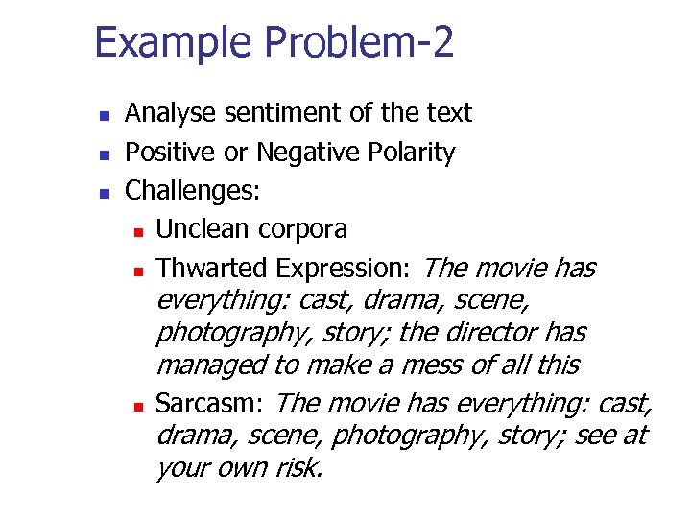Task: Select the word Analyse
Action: [172, 114]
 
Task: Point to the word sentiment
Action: [283, 114]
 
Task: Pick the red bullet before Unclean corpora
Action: [138, 231]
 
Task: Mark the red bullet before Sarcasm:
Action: [138, 406]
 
